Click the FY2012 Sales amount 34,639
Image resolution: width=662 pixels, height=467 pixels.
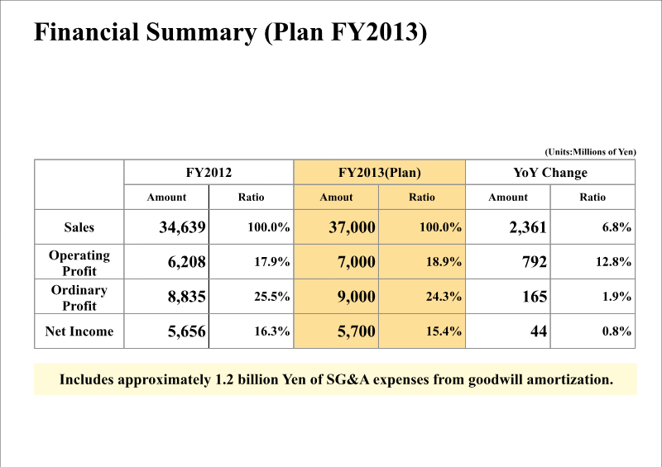[182, 227]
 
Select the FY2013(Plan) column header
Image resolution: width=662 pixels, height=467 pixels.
[380, 173]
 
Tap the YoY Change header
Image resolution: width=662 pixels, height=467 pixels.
[550, 173]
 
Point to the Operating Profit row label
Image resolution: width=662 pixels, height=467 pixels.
[79, 263]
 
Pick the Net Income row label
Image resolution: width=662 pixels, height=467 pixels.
[79, 332]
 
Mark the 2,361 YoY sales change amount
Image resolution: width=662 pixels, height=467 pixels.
[528, 227]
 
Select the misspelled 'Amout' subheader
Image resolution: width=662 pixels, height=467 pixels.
[336, 198]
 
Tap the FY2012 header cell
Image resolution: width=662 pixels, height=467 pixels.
[209, 173]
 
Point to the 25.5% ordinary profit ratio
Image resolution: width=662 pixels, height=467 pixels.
[270, 297]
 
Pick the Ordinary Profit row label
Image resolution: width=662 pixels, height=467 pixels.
[79, 298]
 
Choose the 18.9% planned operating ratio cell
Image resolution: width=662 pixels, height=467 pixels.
[444, 262]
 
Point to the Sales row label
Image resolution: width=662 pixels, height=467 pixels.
[79, 227]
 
